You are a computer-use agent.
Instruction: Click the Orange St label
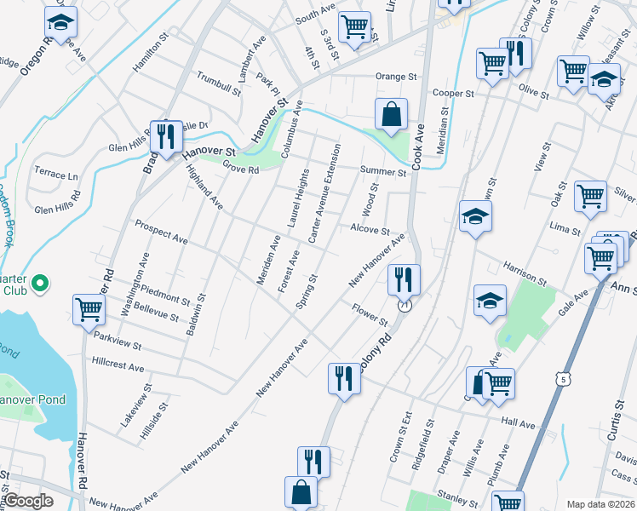(x=397, y=77)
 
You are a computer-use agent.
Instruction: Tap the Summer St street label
(x=383, y=172)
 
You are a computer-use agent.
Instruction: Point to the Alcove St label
(x=370, y=230)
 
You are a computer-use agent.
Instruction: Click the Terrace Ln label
(x=56, y=175)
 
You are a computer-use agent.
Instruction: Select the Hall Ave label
(x=518, y=423)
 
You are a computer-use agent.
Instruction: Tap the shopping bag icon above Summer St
(x=391, y=114)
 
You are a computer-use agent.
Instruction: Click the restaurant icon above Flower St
(x=403, y=278)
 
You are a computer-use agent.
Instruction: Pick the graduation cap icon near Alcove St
(x=475, y=216)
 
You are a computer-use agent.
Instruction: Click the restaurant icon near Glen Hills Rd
(x=164, y=135)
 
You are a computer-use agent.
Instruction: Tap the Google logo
(x=29, y=501)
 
